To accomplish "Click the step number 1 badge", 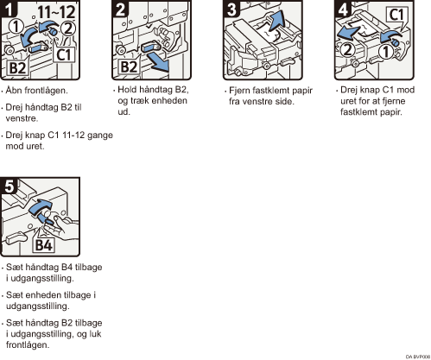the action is [x=10, y=9].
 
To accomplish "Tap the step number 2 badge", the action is [x=120, y=9].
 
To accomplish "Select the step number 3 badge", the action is [x=231, y=9].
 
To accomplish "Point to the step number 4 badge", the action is [x=343, y=9].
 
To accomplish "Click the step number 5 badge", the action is [x=10, y=186].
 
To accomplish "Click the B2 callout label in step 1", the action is [x=18, y=68].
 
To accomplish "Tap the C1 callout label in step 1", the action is [x=64, y=54].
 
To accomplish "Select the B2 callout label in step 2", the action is [x=129, y=67].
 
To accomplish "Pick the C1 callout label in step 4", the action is [x=396, y=15].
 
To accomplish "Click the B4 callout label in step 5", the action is [x=44, y=245].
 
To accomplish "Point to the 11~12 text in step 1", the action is [x=56, y=12].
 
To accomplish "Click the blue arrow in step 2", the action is [x=158, y=63].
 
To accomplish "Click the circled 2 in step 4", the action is [x=347, y=50].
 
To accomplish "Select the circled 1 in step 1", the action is [x=16, y=27].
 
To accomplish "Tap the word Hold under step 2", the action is [x=127, y=90].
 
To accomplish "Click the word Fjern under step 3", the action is [x=239, y=91].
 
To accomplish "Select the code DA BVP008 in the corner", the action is [x=418, y=357].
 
